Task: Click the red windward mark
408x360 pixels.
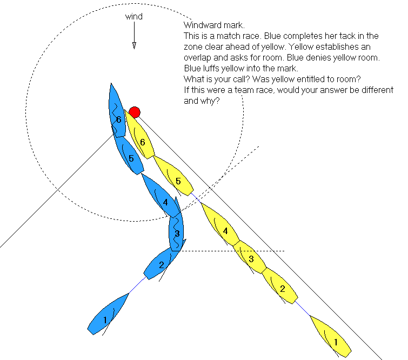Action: point(135,112)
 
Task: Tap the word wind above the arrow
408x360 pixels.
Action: point(133,17)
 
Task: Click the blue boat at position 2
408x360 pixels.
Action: point(160,263)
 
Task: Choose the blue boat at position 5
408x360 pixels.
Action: point(130,156)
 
